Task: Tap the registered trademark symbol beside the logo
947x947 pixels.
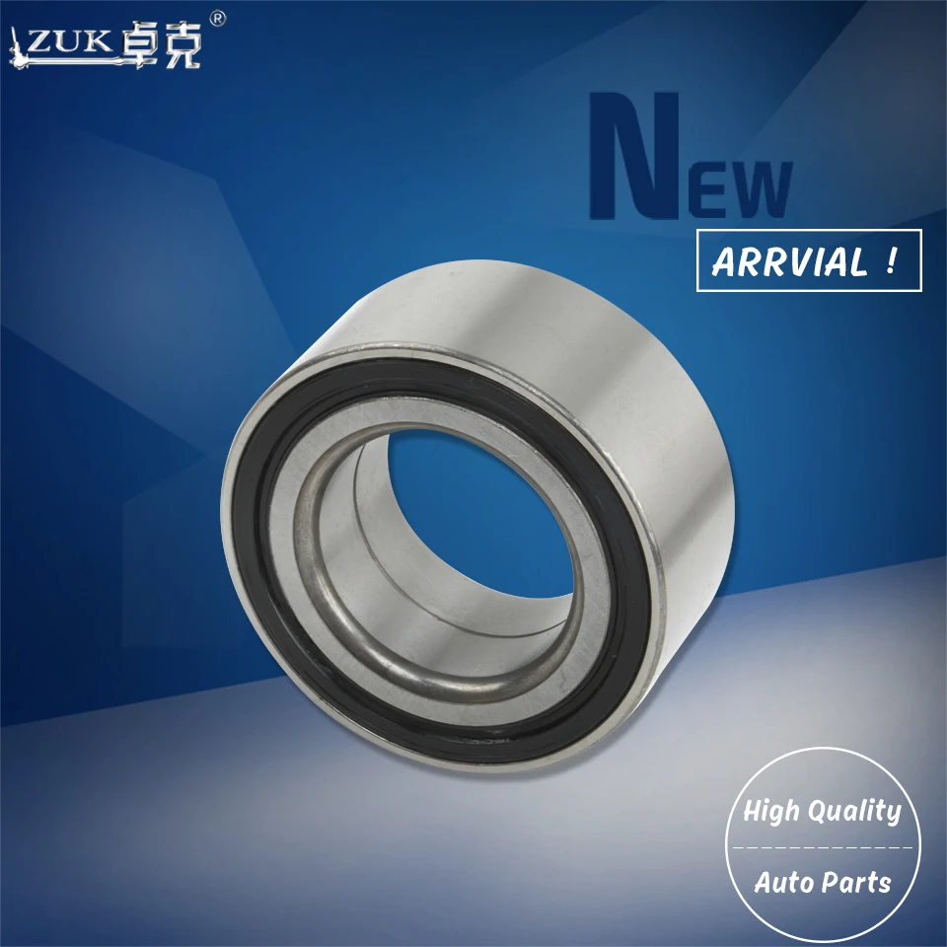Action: (219, 19)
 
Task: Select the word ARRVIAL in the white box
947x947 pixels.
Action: (787, 262)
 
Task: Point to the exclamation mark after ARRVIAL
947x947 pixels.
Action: (892, 262)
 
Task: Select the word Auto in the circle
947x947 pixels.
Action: (781, 882)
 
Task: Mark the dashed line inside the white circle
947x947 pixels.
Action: (822, 846)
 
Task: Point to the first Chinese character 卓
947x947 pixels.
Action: (148, 44)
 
